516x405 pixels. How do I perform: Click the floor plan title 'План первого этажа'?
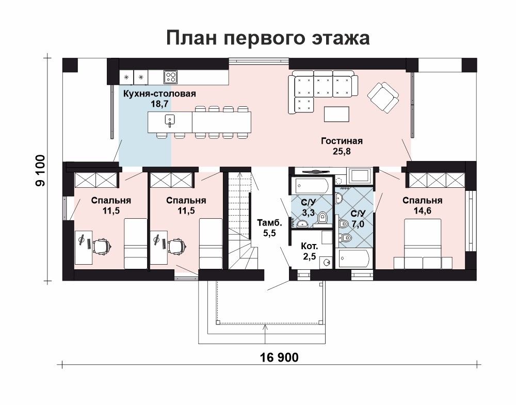(x=268, y=38)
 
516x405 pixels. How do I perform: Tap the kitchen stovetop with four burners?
(x=170, y=77)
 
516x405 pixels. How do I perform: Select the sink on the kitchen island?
(x=169, y=121)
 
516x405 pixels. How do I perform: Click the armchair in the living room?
(x=383, y=97)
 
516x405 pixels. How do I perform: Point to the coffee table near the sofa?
(x=337, y=114)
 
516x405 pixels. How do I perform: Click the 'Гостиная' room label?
(x=342, y=141)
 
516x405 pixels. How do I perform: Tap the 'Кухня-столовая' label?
(x=159, y=94)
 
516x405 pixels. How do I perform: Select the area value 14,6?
(x=422, y=211)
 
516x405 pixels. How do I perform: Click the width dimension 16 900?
(x=279, y=357)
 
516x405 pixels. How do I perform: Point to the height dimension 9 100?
(x=41, y=170)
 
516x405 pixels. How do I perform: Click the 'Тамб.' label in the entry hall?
(x=269, y=223)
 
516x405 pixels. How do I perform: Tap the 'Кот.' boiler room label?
(x=310, y=246)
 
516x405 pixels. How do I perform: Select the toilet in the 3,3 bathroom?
(x=322, y=218)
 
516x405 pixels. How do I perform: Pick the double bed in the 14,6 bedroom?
(x=423, y=244)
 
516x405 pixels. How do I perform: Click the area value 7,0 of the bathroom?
(x=358, y=224)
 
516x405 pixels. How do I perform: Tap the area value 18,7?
(x=159, y=104)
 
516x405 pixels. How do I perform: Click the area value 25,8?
(x=342, y=151)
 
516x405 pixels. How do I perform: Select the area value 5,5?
(x=269, y=233)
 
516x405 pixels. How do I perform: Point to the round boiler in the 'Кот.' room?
(x=327, y=262)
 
